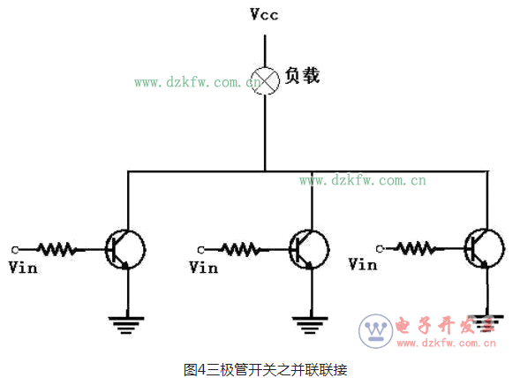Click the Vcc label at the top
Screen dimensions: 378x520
click(264, 15)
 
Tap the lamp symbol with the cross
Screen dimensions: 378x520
click(265, 78)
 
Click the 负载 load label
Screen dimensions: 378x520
click(301, 76)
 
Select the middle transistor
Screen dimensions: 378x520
click(309, 247)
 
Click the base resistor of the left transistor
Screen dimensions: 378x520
click(57, 250)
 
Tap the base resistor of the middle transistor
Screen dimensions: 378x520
click(240, 249)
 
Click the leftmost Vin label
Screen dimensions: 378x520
click(23, 267)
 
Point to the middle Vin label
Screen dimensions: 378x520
click(204, 267)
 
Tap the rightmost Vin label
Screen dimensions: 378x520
click(363, 264)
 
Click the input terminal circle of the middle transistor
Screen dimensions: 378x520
click(200, 249)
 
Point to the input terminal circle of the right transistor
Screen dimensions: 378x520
click(380, 246)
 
